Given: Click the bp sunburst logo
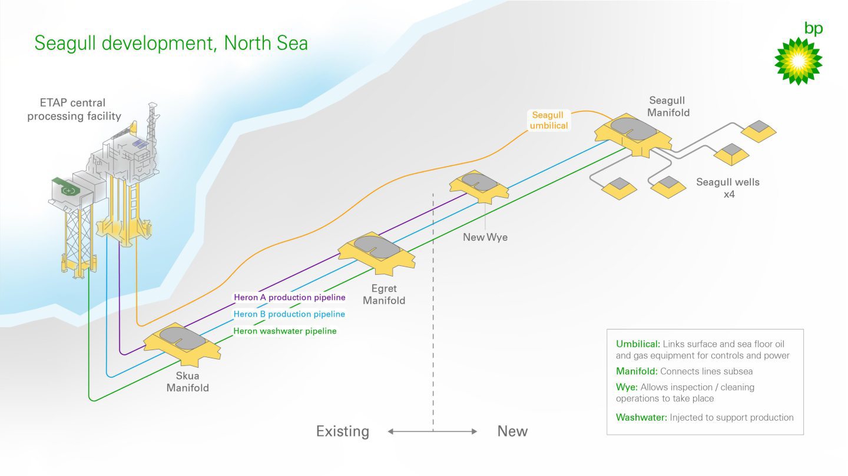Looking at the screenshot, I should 798,61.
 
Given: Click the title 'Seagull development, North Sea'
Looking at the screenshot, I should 171,44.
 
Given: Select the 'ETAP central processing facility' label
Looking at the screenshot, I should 74,109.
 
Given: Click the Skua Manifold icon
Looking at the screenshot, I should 183,341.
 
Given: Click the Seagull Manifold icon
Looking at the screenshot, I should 632,133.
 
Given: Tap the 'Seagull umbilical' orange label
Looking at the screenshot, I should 549,120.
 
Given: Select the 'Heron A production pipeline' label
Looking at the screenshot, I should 289,298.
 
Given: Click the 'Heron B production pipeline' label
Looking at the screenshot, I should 289,314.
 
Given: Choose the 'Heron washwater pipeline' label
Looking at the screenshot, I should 285,331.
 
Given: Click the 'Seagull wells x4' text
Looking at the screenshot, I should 728,188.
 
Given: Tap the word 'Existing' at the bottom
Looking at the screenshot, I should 343,431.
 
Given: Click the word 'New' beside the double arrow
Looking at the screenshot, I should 512,431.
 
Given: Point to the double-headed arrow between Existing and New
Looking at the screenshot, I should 432,431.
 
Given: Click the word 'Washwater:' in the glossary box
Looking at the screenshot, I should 641,418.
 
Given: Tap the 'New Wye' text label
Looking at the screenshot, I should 485,238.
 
